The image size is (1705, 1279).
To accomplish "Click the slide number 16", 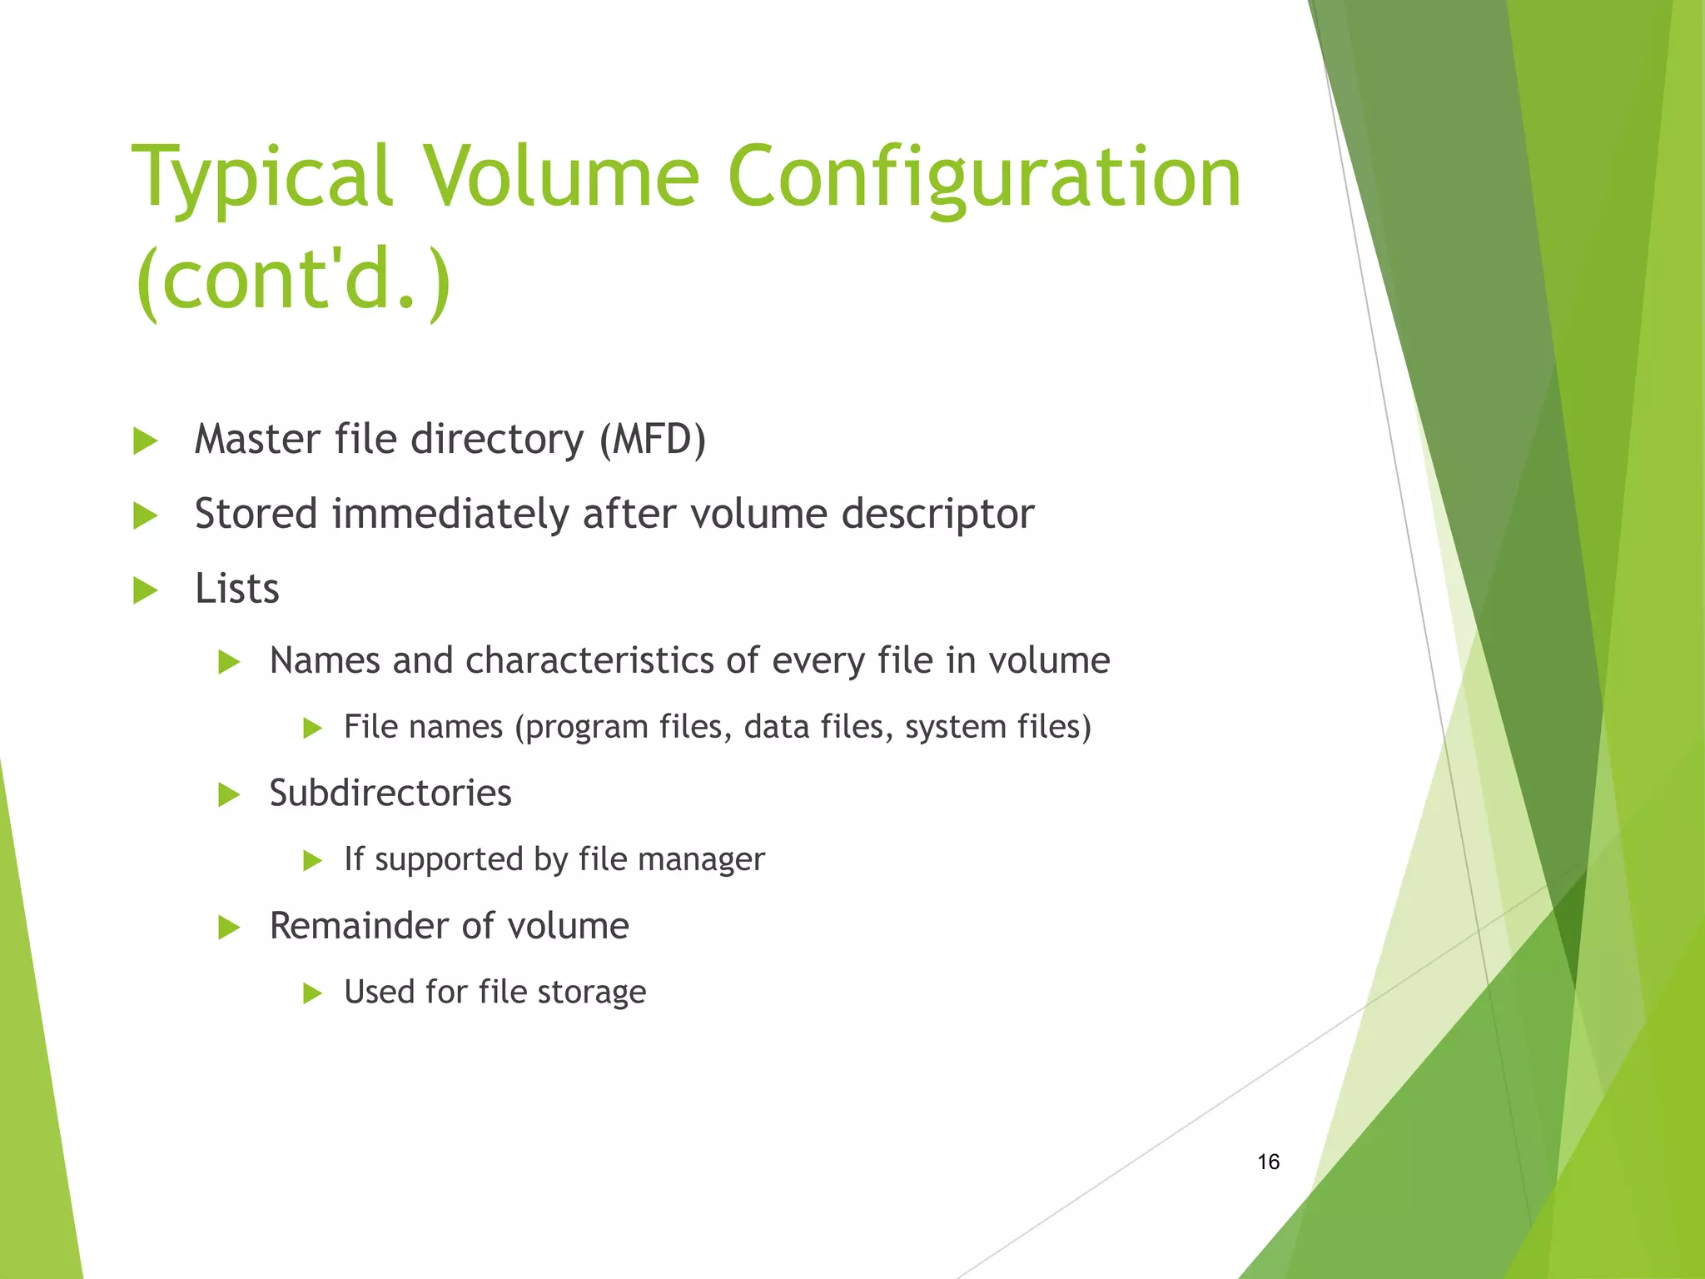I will click(1268, 1162).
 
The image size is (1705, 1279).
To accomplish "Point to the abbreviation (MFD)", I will click(652, 439).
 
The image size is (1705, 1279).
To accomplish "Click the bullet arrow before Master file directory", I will click(146, 441).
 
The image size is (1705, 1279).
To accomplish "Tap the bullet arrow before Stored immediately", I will click(146, 516).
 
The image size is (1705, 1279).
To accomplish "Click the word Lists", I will click(236, 589).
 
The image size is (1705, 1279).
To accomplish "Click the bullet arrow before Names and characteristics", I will click(229, 663).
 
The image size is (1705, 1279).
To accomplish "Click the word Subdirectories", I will click(390, 793).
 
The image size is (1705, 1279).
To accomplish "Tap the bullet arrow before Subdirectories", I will click(229, 794).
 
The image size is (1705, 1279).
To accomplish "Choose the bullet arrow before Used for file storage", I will click(312, 993).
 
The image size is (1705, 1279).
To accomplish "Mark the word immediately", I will click(450, 515).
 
